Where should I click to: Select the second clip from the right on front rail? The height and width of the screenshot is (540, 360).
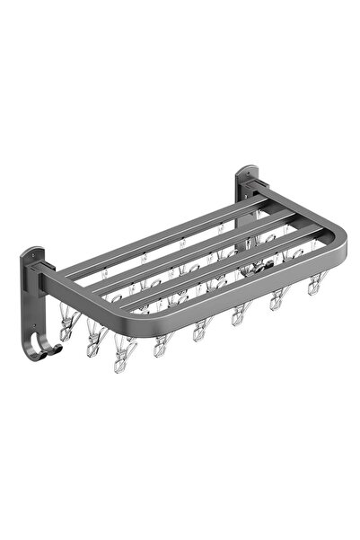pyautogui.click(x=277, y=301)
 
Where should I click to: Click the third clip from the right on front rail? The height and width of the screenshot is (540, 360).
pyautogui.click(x=240, y=314)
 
